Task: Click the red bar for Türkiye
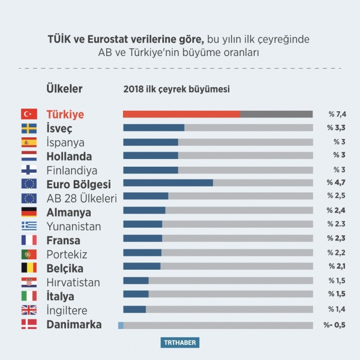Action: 182,114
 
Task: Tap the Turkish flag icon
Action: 29,114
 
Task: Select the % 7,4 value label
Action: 337,114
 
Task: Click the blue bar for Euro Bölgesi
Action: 168,183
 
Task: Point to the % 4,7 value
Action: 337,183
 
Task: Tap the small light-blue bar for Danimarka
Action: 121,325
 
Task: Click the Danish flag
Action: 29,325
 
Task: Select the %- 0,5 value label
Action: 335,325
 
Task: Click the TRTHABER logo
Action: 180,343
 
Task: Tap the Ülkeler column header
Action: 64,89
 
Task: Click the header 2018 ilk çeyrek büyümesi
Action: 176,89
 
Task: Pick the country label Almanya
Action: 69,212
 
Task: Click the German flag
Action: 29,212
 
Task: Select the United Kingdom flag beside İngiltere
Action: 29,310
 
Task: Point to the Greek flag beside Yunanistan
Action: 29,226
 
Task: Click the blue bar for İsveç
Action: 153,127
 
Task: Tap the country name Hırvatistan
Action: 73,282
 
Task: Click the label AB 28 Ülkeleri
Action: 81,198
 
